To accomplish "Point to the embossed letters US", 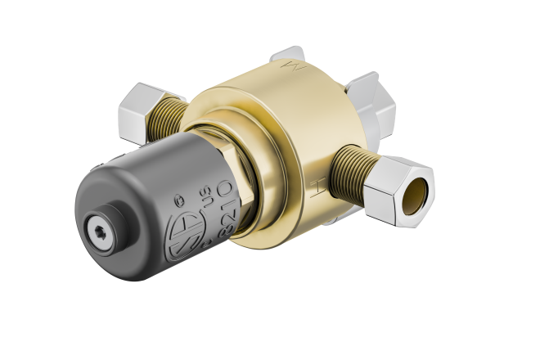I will click(x=201, y=197).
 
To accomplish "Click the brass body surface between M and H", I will click(x=327, y=123).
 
